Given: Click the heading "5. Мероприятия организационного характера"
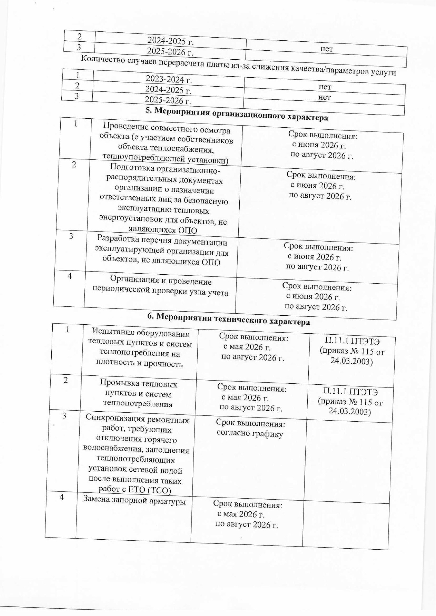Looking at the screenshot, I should click(236, 114).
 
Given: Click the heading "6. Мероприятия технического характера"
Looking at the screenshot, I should click(228, 319).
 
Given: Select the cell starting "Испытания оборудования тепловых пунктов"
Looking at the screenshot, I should click(140, 348).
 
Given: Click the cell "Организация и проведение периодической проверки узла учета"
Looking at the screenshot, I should click(160, 287).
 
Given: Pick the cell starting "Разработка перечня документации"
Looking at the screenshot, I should click(162, 252).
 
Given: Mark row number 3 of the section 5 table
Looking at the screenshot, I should click(71, 236).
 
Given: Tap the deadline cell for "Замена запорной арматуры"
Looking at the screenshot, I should click(247, 514).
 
